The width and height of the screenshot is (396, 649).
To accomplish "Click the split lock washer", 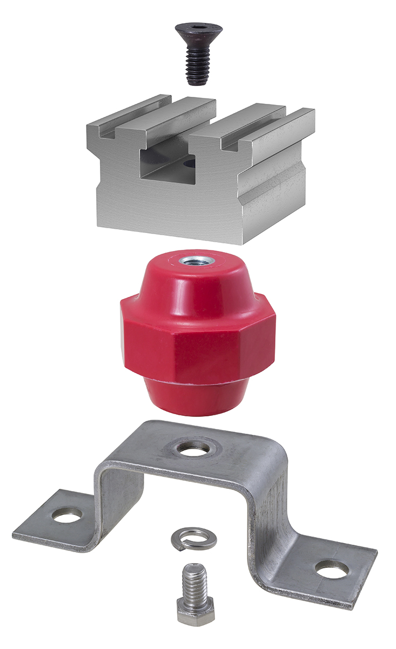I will click(x=194, y=539).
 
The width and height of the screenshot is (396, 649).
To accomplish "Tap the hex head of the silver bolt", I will click(x=196, y=612).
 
